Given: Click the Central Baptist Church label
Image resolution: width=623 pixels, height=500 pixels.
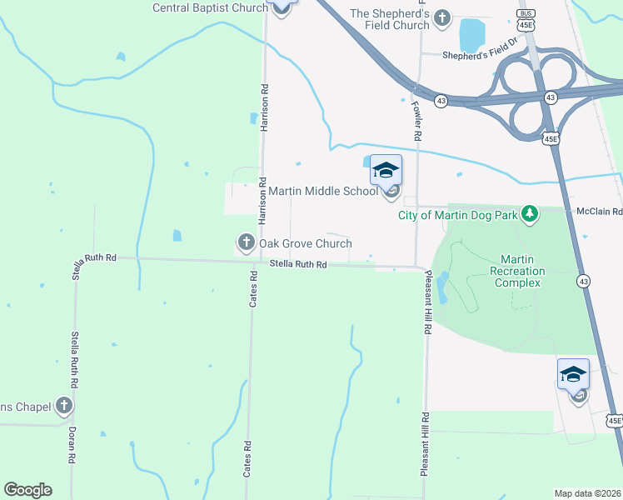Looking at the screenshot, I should (210, 8).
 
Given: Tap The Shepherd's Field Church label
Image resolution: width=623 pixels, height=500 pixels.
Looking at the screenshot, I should (389, 19).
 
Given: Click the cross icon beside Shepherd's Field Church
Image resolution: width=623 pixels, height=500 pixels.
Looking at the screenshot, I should (442, 17).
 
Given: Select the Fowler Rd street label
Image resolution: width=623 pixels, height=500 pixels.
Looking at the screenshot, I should (416, 115).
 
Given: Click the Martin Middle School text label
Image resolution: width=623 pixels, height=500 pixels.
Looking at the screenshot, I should (323, 192).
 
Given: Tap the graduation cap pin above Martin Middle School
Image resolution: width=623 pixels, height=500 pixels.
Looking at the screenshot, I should (386, 170).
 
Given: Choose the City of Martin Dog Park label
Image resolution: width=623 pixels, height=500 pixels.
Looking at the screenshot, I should (457, 215).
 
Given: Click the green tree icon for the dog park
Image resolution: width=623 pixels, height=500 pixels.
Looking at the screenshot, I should (529, 215).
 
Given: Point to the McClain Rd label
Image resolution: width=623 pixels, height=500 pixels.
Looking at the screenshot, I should (598, 212).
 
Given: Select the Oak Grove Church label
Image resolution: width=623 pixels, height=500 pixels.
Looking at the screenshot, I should (305, 243).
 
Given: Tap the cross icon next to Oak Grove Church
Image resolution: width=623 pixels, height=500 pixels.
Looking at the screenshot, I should (246, 242).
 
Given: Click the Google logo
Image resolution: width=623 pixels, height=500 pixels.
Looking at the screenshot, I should (27, 490).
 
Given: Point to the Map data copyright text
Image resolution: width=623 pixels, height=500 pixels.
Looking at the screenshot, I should (587, 493).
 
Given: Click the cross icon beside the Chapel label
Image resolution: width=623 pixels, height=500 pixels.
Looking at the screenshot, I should (64, 406).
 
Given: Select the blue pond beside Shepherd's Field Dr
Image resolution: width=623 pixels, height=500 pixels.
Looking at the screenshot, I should (472, 34).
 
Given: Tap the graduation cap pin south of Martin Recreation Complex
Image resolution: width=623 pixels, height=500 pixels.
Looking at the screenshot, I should (573, 374).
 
